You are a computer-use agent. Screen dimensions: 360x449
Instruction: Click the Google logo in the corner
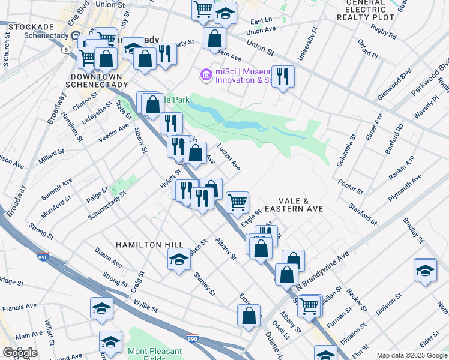20,353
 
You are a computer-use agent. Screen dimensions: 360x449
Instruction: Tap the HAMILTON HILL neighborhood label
147,245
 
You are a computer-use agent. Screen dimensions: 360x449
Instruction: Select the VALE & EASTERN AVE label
301,205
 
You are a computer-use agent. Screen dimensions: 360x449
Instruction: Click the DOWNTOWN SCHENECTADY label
96,81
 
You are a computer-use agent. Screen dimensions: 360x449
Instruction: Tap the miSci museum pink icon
206,75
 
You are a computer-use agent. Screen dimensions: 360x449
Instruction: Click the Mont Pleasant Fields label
154,354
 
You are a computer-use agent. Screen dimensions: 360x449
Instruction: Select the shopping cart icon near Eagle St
238,202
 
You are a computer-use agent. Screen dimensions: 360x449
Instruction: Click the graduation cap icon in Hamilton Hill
179,259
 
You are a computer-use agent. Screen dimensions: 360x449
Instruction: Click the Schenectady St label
107,206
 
